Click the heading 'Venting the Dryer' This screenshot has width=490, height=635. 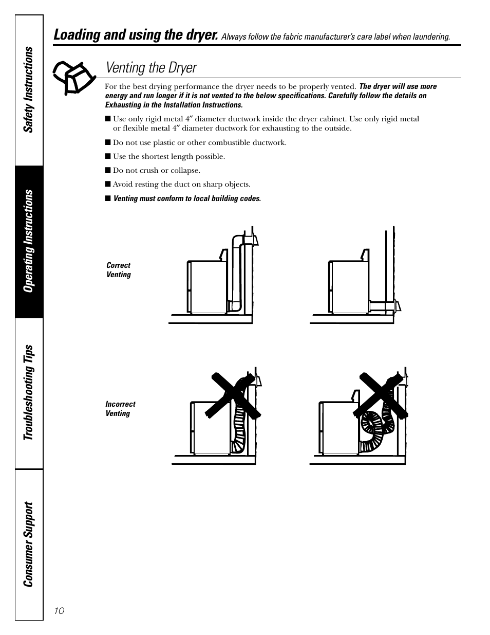(151, 68)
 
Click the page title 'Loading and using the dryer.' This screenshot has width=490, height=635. (136, 35)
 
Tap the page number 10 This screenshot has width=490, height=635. (59, 610)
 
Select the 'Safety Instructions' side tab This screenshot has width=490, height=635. (29, 90)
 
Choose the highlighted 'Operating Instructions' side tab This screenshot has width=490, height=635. (29, 241)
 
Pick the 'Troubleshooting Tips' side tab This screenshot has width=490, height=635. (29, 393)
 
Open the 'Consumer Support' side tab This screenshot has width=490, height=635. (29, 544)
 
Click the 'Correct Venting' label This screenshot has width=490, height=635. (119, 270)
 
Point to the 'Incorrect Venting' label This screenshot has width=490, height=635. (120, 409)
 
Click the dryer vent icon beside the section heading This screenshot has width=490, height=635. (74, 77)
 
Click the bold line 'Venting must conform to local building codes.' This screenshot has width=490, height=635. (186, 198)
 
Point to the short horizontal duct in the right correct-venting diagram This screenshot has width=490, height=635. (381, 307)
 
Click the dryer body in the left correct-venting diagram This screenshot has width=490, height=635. (207, 286)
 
